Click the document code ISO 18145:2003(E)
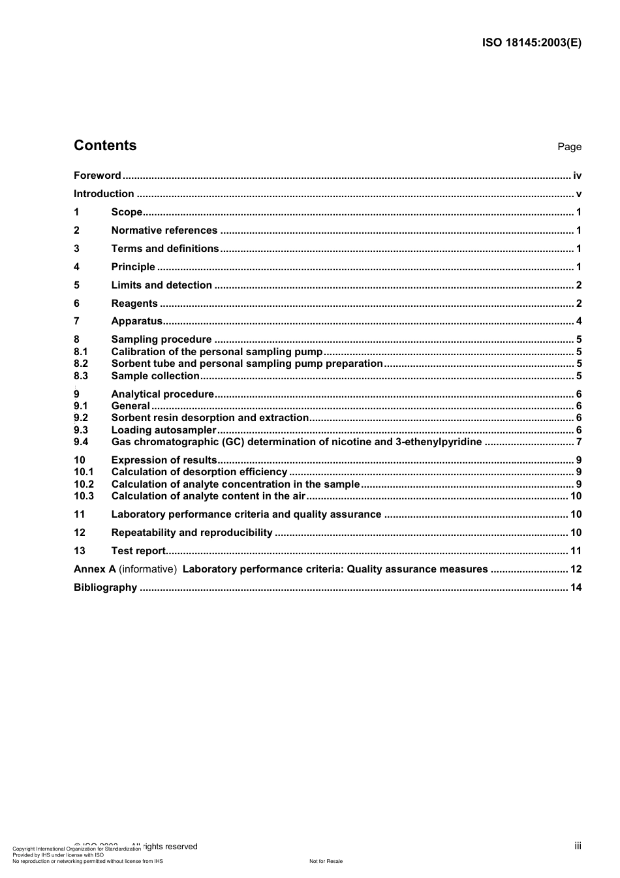[x=531, y=43]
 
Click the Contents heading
[x=105, y=146]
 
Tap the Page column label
[x=569, y=147]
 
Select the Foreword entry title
[x=97, y=176]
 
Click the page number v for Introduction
[x=578, y=194]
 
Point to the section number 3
[x=76, y=249]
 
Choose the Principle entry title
[x=133, y=267]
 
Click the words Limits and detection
[x=161, y=285]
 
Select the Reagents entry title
[x=134, y=304]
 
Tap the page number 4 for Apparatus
[x=578, y=321]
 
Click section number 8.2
[x=81, y=364]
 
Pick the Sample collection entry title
[x=155, y=376]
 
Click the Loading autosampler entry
[x=163, y=430]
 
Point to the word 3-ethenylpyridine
[x=439, y=442]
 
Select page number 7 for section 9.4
[x=578, y=442]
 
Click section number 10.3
[x=84, y=496]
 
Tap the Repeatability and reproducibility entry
[x=192, y=533]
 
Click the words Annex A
[x=95, y=569]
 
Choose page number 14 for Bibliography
[x=576, y=588]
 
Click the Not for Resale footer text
[x=326, y=861]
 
